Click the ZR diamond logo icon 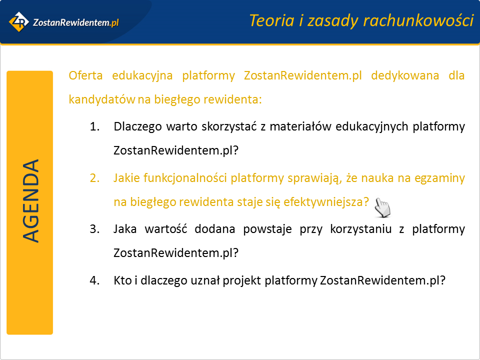coord(19,21)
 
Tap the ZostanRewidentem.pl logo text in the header coord(75,22)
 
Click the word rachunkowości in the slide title coord(418,21)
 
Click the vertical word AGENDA coord(30,201)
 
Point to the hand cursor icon coord(382,207)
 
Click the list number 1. coord(94,126)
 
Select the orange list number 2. coord(94,178)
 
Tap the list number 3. coord(94,229)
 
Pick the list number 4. coord(94,280)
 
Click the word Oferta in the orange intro coord(85,75)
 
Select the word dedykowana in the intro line coord(405,75)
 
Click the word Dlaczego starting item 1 coord(137,126)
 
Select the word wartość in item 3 coord(165,229)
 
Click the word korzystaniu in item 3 coord(361,229)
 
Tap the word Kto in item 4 coord(123,280)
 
